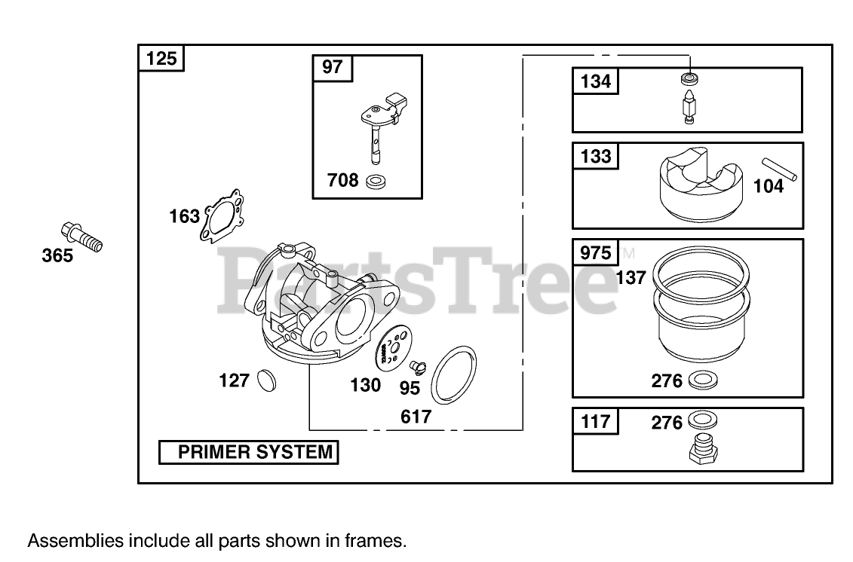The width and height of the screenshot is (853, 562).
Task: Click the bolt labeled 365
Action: pos(78,236)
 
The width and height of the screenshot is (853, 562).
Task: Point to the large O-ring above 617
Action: pos(453,375)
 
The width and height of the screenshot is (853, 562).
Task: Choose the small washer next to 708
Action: pos(374,182)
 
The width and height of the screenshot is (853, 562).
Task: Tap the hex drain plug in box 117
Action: pos(703,450)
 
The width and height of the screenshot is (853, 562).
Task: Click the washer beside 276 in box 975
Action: pos(703,380)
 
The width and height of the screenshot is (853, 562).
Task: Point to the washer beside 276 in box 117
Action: pos(702,421)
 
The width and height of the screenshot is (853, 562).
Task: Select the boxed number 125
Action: pos(161,58)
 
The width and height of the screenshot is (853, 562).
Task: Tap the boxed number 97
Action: pos(332,67)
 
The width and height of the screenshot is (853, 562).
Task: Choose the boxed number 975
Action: pos(596,252)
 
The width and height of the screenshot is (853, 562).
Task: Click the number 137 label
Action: pos(631,277)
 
